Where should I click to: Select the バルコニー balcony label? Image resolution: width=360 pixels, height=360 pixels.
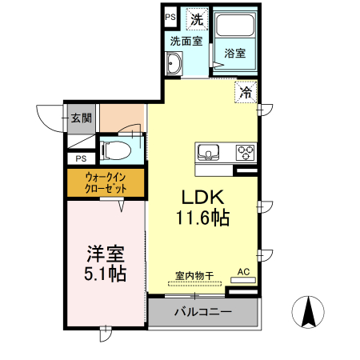pyautogui.click(x=203, y=311)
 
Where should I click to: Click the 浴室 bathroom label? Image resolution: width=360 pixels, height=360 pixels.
pyautogui.click(x=234, y=54)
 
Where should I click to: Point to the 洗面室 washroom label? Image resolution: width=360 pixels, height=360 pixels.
pyautogui.click(x=185, y=41)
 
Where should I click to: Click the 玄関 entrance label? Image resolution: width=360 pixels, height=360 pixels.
pyautogui.click(x=81, y=118)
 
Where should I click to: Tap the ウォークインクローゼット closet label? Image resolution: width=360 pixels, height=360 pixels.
pyautogui.click(x=106, y=183)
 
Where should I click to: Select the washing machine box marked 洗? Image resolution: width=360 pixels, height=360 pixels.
pyautogui.click(x=196, y=17)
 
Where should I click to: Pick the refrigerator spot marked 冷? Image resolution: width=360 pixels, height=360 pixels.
pyautogui.click(x=246, y=92)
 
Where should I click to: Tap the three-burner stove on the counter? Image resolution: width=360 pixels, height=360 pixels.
pyautogui.click(x=244, y=151)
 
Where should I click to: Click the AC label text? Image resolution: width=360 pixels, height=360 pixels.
pyautogui.click(x=244, y=272)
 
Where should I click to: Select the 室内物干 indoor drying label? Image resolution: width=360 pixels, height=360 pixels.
pyautogui.click(x=194, y=277)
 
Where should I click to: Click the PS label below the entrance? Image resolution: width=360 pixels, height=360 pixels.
pyautogui.click(x=81, y=159)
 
